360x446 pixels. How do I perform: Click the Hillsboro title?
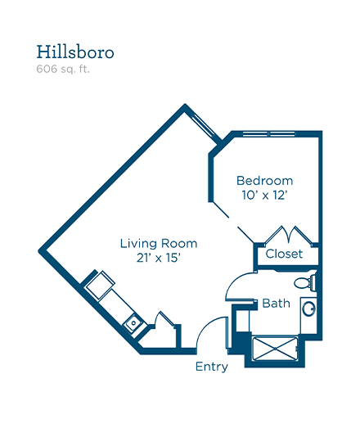[x=75, y=52]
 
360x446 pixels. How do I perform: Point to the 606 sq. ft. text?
[x=63, y=69]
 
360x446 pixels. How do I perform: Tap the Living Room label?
[x=159, y=244]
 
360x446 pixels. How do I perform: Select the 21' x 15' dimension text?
[x=159, y=258]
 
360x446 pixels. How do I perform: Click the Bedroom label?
[x=265, y=181]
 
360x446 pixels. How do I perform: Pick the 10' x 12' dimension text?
[x=264, y=195]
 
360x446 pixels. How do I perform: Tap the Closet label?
[x=284, y=254]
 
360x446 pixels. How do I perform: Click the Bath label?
[x=276, y=304]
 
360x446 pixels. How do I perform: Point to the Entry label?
[x=212, y=367]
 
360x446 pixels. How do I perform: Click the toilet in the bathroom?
[x=305, y=282]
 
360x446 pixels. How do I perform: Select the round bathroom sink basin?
[x=308, y=309]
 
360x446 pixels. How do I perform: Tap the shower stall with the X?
[x=275, y=349]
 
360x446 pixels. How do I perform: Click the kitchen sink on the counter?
[x=133, y=322]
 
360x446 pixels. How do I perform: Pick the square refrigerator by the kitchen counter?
[x=101, y=286]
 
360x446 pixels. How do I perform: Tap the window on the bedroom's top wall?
[x=269, y=133]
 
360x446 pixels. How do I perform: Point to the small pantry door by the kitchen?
[x=164, y=318]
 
